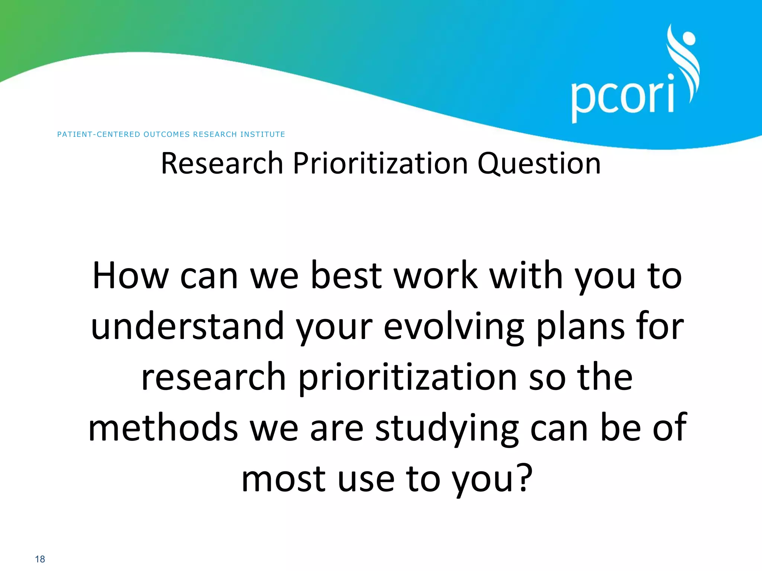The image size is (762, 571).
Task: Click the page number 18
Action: [x=40, y=559]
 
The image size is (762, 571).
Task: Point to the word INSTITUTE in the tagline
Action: [x=263, y=134]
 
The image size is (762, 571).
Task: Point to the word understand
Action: [x=188, y=326]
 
